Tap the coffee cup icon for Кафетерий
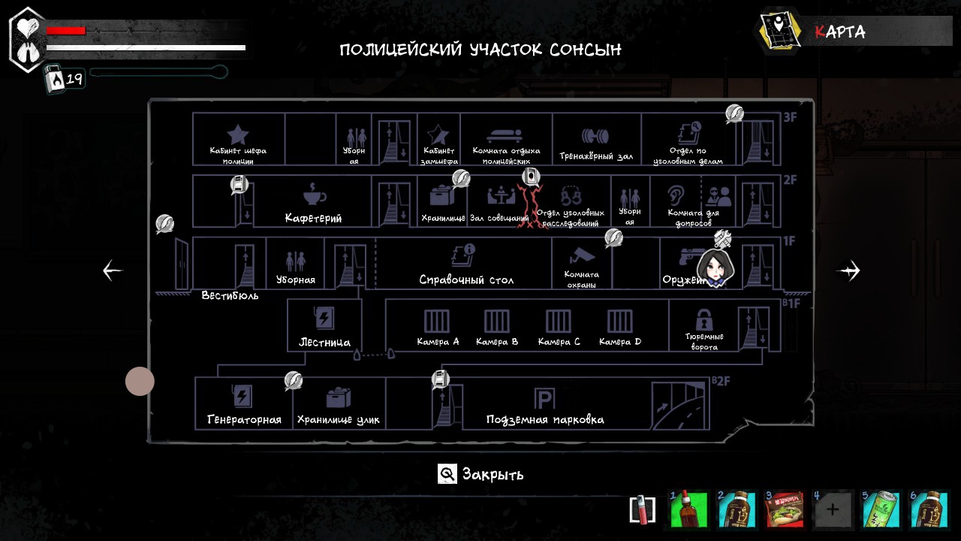pyautogui.click(x=315, y=194)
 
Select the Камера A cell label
pyautogui.click(x=438, y=342)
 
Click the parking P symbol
pyautogui.click(x=544, y=399)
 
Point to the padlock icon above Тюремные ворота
pyautogui.click(x=703, y=319)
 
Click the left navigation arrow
pyautogui.click(x=113, y=270)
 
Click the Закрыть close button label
pyautogui.click(x=493, y=474)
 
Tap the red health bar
pyautogui.click(x=66, y=31)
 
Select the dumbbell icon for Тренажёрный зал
pyautogui.click(x=595, y=137)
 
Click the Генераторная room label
pyautogui.click(x=244, y=420)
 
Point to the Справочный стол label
pyautogui.click(x=466, y=280)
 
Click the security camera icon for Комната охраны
pyautogui.click(x=581, y=254)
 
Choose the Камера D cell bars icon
pyautogui.click(x=620, y=321)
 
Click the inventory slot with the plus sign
pyautogui.click(x=833, y=510)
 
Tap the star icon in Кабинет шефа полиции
pyautogui.click(x=238, y=134)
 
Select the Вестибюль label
pyautogui.click(x=230, y=295)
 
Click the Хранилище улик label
pyautogui.click(x=339, y=420)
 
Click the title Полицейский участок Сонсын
pyautogui.click(x=480, y=50)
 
